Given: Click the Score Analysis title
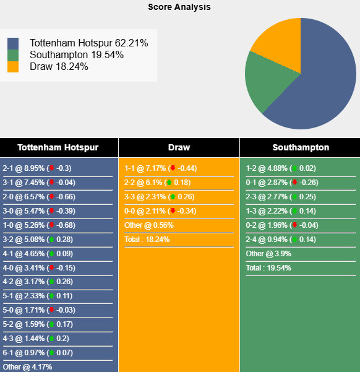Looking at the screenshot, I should [x=179, y=7].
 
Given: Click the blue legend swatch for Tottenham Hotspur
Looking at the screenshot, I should [x=13, y=44].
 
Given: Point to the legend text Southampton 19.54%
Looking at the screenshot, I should [x=77, y=55].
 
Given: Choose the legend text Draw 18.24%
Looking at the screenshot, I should [x=59, y=66].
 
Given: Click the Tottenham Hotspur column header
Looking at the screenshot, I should [x=58, y=148].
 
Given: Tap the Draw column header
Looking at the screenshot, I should [x=179, y=148].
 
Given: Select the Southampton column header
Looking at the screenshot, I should [x=301, y=148].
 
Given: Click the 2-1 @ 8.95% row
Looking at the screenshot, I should [x=37, y=168].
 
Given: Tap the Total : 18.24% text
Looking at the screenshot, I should [x=147, y=240].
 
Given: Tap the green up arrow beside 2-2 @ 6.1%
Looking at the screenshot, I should [x=169, y=183].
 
